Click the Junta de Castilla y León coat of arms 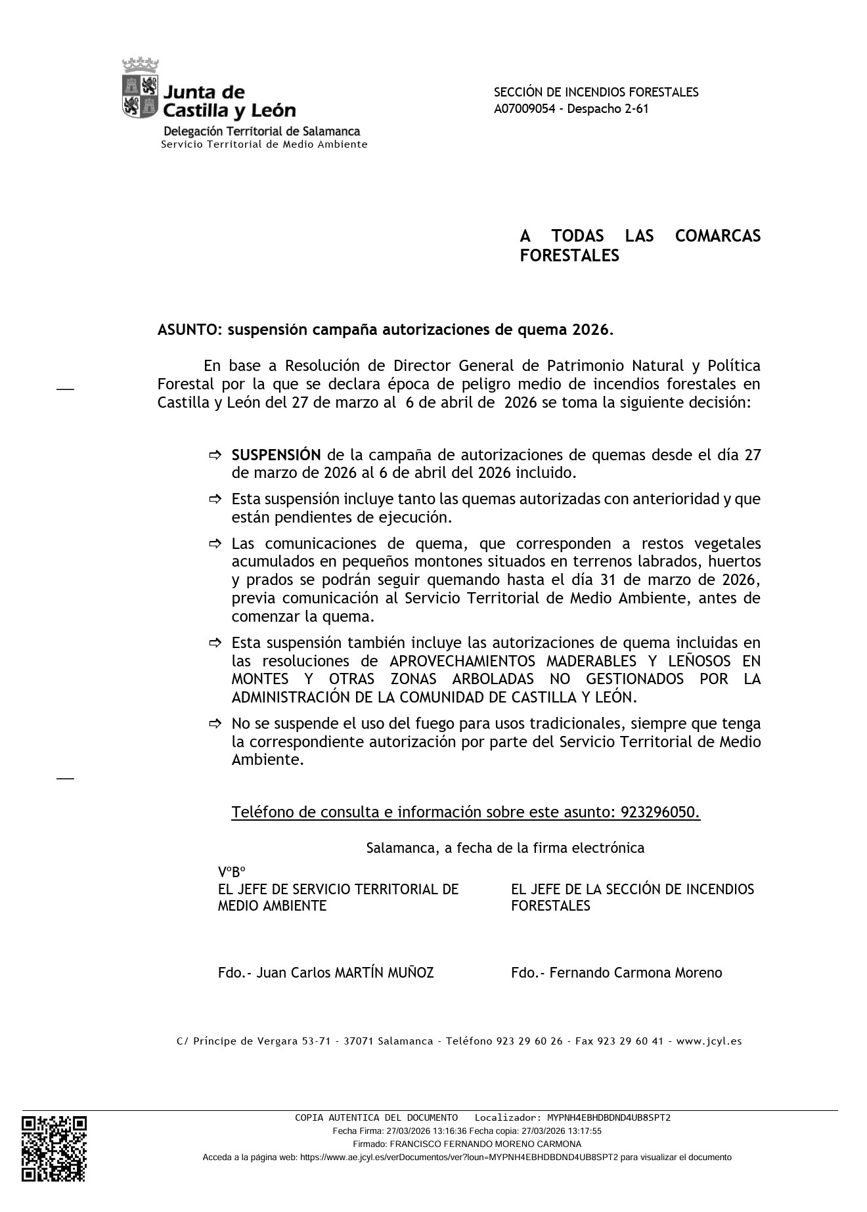point(141,89)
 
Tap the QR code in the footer point(54,1148)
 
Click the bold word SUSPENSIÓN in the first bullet point(276,455)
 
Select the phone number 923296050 point(659,812)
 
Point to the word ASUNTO point(189,330)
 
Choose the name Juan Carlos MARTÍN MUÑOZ point(345,972)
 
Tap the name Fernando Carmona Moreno point(635,972)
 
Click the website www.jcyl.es point(709,1041)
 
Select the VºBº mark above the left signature point(231,872)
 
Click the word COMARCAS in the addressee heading point(717,236)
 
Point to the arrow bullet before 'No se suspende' point(215,724)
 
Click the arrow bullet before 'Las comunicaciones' point(215,544)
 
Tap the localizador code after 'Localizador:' point(608,1117)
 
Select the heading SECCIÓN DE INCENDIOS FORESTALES point(596,93)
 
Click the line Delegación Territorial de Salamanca point(261,131)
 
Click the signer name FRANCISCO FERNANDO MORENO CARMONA point(485,1144)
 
